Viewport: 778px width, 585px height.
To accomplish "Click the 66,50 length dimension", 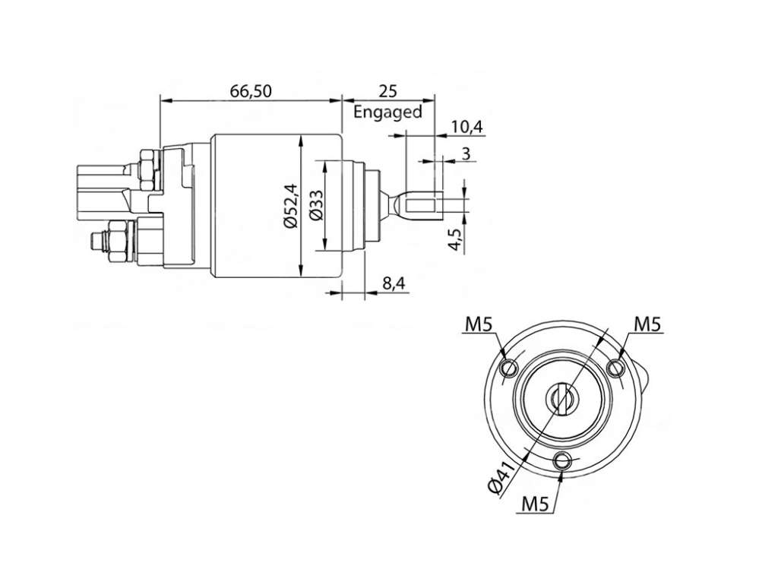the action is tap(251, 91).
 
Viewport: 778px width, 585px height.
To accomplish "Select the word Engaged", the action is tap(387, 112).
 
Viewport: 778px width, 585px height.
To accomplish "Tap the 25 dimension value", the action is tap(388, 91).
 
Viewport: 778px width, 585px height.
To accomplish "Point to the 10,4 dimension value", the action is tap(466, 127).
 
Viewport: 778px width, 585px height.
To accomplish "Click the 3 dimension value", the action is tap(466, 153).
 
